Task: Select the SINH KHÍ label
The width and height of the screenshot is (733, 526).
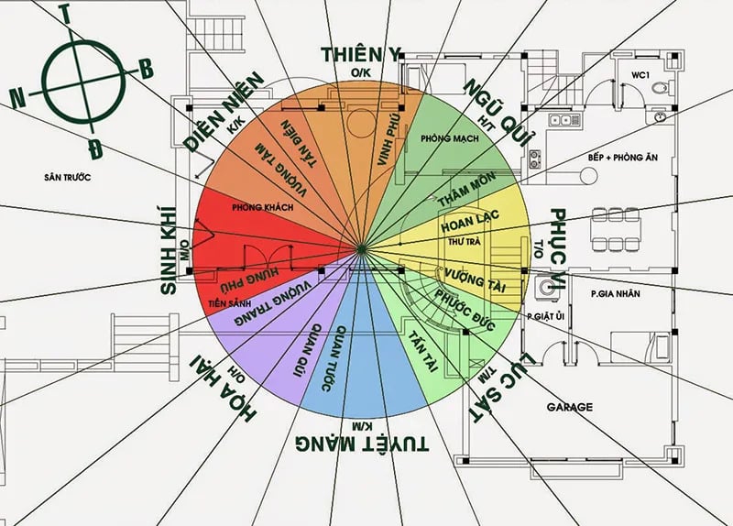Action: [170, 247]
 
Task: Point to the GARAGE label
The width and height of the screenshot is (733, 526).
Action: [569, 407]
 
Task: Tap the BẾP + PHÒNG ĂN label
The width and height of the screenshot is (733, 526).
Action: [623, 158]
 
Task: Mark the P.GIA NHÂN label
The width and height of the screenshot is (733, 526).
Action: [614, 293]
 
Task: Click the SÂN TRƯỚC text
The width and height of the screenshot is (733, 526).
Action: [67, 175]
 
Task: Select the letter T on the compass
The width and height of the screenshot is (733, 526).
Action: [65, 12]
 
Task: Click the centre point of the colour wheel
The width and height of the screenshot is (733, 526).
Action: [364, 247]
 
